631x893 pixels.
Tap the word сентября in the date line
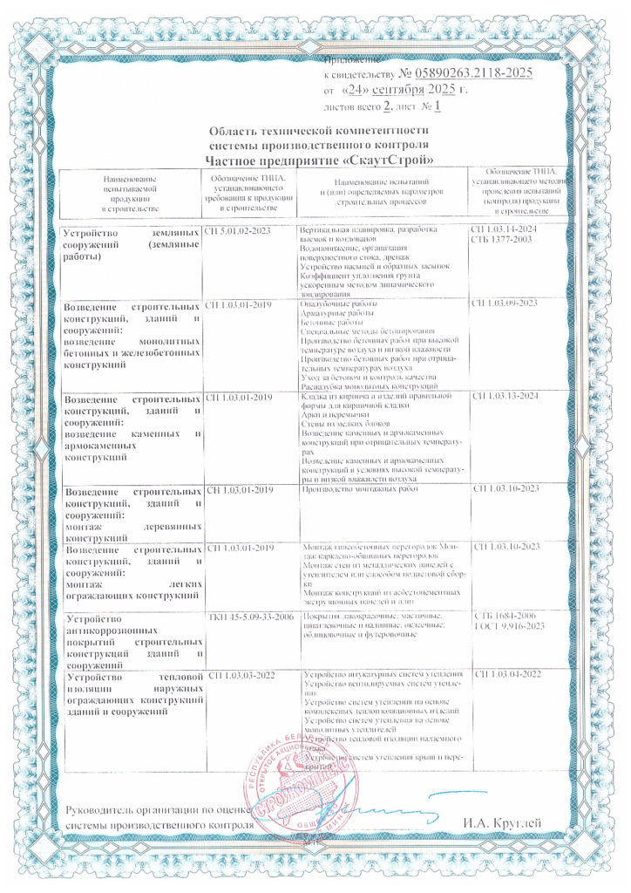[404, 91]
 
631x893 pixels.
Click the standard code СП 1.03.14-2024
[506, 229]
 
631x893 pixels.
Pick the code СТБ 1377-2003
[500, 239]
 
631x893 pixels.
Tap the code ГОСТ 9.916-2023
[507, 628]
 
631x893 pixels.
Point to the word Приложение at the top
[352, 60]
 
